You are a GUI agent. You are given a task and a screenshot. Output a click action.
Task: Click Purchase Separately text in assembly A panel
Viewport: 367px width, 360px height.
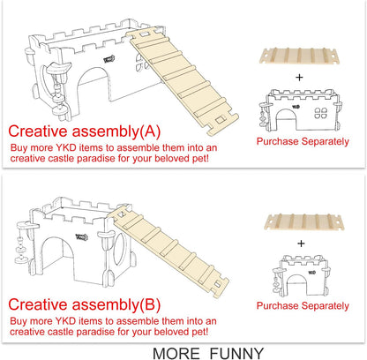pos(296,141)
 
